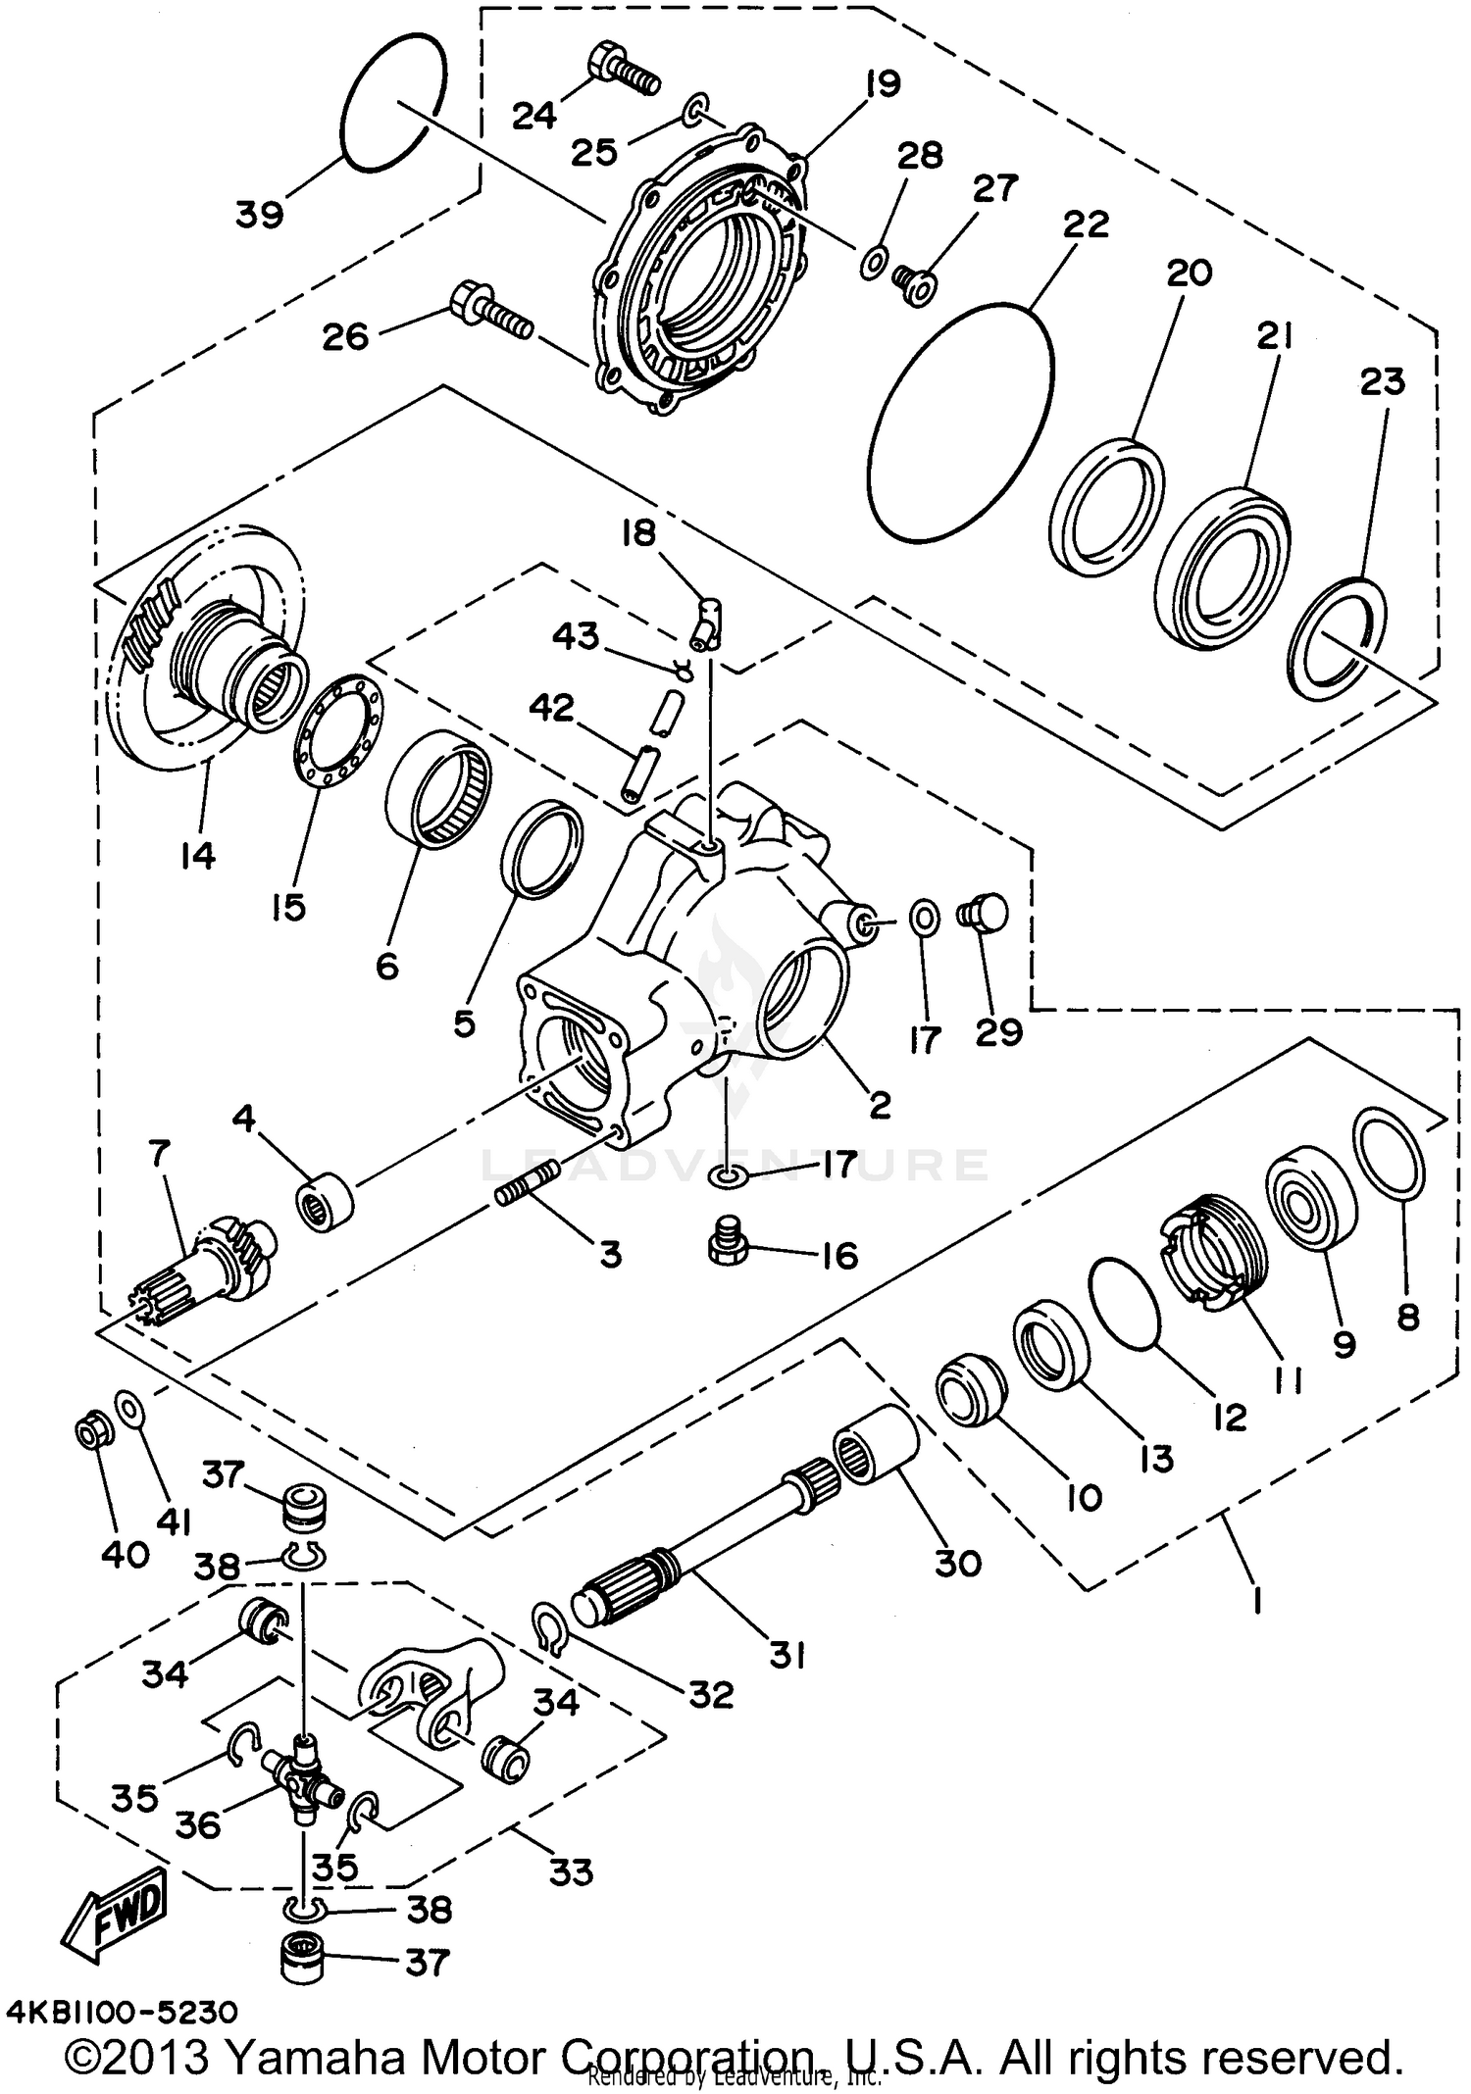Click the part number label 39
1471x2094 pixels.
(x=259, y=213)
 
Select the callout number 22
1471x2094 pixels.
(x=1085, y=224)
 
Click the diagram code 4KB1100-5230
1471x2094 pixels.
(x=122, y=2013)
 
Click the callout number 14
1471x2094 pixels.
(x=198, y=856)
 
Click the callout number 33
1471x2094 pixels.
(x=570, y=1872)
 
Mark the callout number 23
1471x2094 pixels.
(x=1382, y=382)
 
